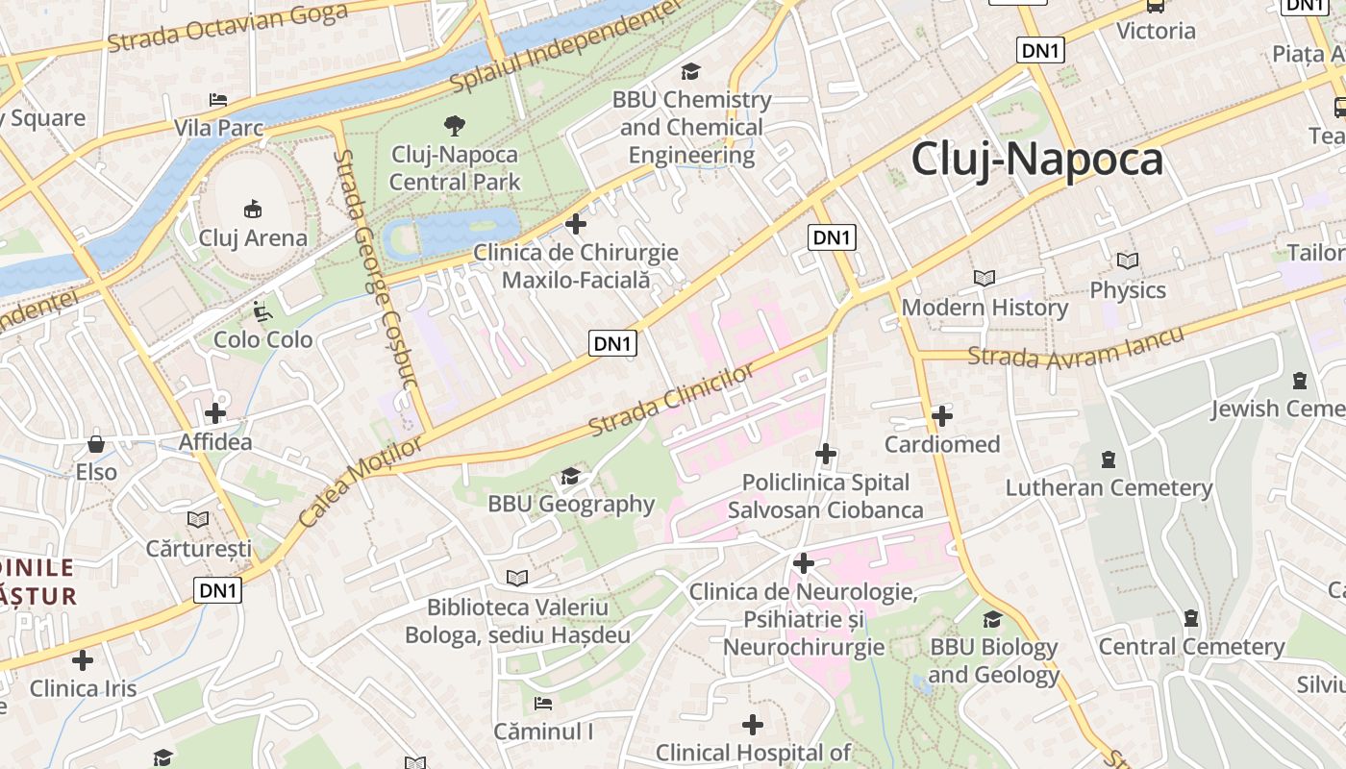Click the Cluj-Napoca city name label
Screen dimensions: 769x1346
(1036, 160)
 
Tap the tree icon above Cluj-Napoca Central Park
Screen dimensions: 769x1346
(454, 125)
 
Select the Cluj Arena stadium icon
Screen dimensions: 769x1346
(253, 209)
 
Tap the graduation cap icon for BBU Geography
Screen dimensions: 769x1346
(570, 476)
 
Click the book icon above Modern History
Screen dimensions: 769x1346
(985, 279)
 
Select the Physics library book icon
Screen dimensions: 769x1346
(1128, 260)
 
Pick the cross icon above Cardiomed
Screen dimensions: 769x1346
(942, 416)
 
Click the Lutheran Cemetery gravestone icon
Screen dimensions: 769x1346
(1109, 459)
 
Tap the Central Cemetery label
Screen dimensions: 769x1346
(1191, 647)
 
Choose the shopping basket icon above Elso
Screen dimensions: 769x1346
(96, 444)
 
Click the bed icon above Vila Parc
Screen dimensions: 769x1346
(218, 100)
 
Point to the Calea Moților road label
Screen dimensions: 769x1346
(360, 483)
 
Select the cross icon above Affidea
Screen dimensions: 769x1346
(215, 413)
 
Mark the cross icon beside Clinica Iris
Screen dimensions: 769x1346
(84, 660)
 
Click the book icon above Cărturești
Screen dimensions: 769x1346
(198, 520)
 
